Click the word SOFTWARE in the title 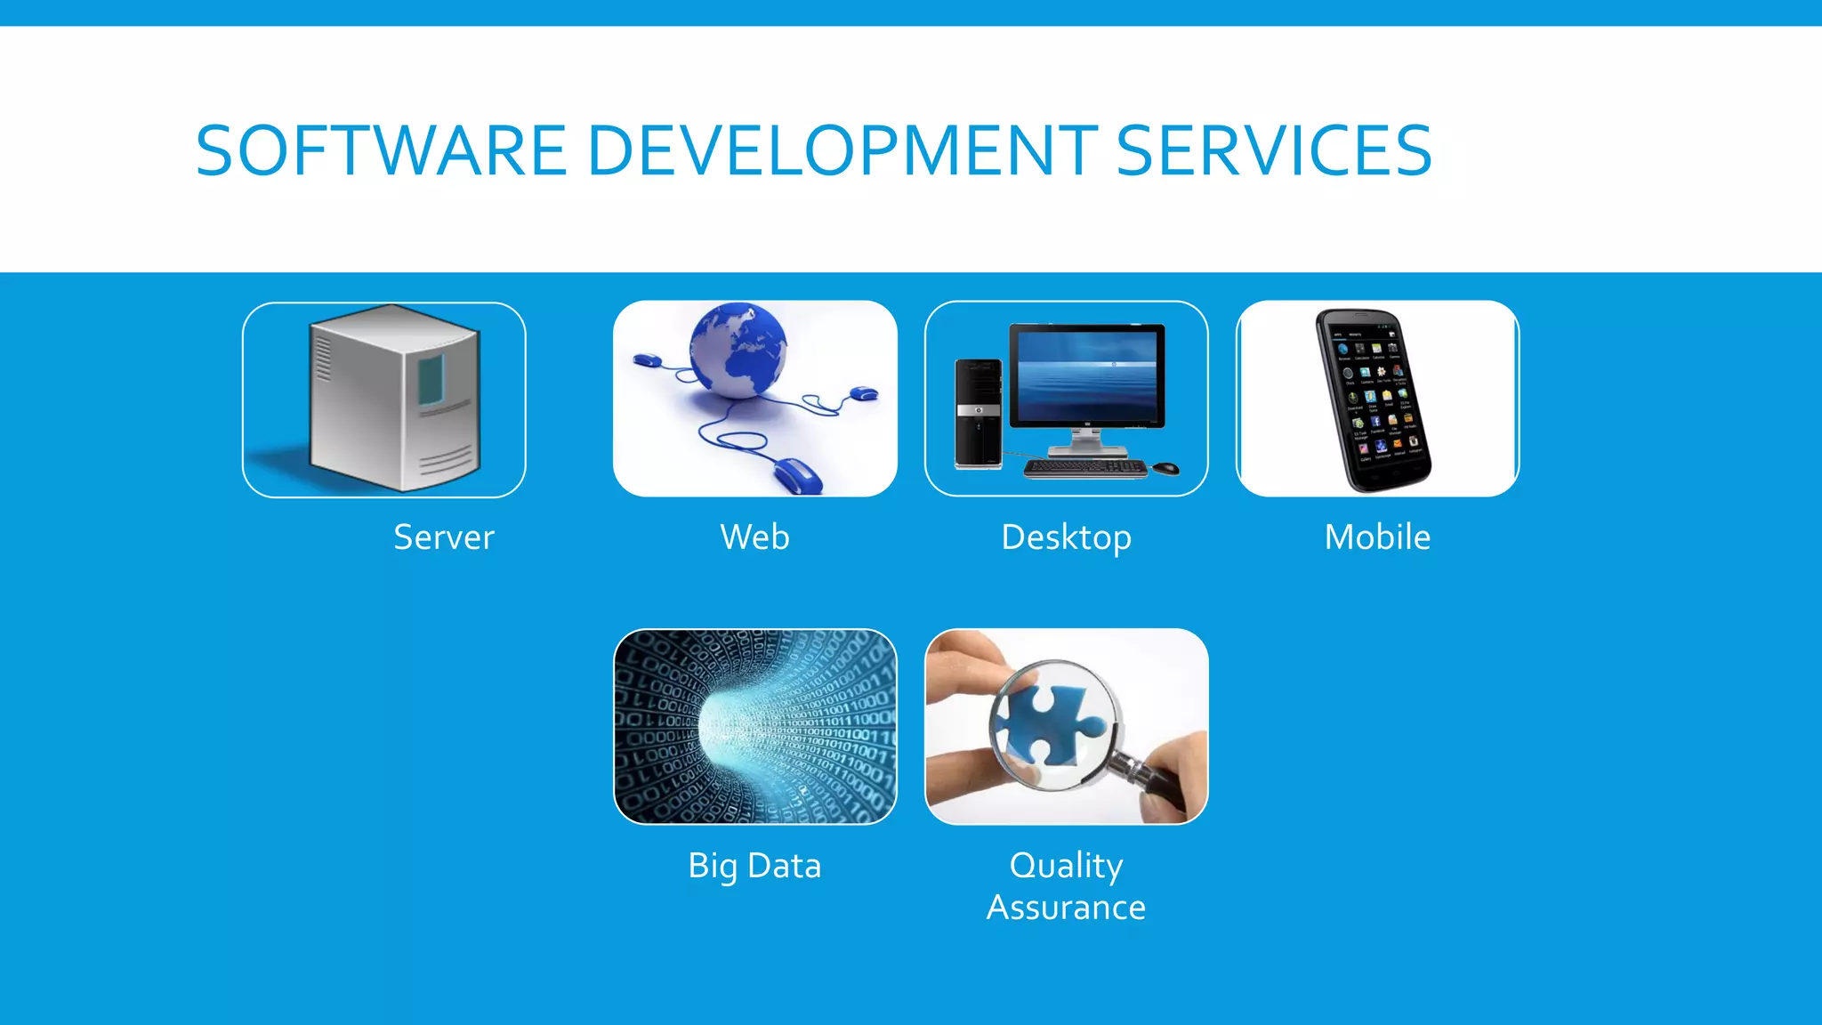pyautogui.click(x=381, y=150)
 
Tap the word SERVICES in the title pyautogui.click(x=1273, y=150)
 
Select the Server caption pyautogui.click(x=443, y=537)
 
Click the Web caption pyautogui.click(x=754, y=537)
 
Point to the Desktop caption pyautogui.click(x=1066, y=538)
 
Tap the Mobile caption pyautogui.click(x=1377, y=537)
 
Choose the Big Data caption pyautogui.click(x=754, y=866)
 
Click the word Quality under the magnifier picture pyautogui.click(x=1066, y=865)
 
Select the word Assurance pyautogui.click(x=1066, y=908)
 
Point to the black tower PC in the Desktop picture pyautogui.click(x=978, y=413)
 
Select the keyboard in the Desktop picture pyautogui.click(x=1085, y=467)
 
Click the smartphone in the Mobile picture pyautogui.click(x=1374, y=400)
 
